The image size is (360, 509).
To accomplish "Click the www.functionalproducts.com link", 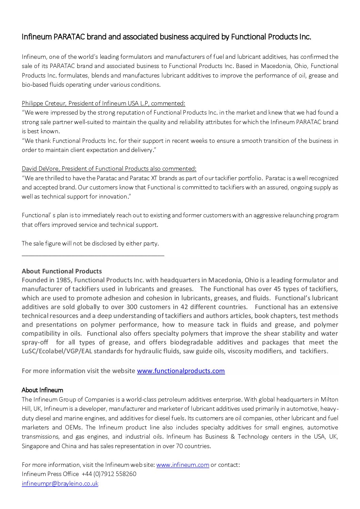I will coord(181,371).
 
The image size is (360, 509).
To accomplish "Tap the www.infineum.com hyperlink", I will coord(182,464).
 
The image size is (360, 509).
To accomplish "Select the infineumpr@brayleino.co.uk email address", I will coord(60,483).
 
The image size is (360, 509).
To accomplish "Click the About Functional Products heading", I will coord(62,271).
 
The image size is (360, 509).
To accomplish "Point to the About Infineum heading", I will coord(42,390).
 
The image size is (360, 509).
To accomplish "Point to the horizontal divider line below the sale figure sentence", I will coord(93,254).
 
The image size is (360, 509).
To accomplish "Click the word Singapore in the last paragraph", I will coord(35,446).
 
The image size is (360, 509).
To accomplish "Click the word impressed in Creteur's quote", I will coord(62,113).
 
